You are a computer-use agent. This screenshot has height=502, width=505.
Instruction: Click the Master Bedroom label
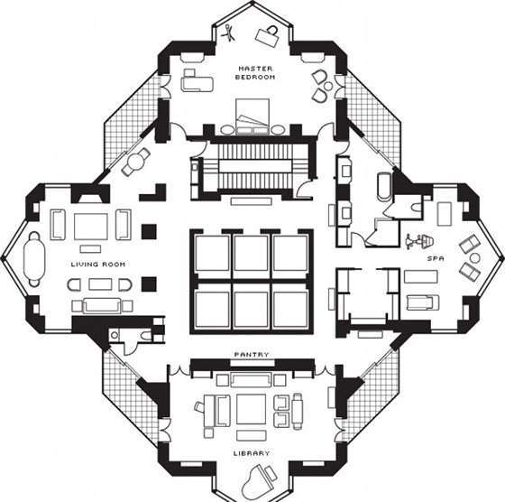point(255,73)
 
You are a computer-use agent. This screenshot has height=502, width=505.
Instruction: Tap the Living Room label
point(98,265)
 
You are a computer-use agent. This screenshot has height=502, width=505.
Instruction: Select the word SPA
point(436,258)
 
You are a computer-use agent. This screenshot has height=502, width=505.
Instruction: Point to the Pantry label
point(252,354)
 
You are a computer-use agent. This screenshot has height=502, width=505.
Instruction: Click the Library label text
point(252,453)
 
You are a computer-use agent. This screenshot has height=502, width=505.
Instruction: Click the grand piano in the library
point(257,480)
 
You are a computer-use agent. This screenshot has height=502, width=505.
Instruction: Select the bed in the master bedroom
point(252,116)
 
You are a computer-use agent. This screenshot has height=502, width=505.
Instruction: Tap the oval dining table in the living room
point(34,259)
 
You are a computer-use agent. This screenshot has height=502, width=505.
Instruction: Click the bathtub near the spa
point(384,187)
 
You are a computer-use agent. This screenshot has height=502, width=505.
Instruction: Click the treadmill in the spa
point(422,302)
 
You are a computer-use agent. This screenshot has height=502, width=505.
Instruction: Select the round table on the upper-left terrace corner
point(136,162)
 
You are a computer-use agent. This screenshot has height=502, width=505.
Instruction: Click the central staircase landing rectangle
point(254,167)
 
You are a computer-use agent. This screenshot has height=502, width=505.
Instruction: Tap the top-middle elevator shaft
point(252,253)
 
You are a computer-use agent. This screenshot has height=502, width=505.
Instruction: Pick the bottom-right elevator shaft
point(290,310)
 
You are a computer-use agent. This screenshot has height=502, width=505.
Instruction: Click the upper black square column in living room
point(149,232)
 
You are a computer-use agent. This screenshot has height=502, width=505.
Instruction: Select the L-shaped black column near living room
point(153,193)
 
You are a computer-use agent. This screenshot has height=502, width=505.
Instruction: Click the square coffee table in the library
point(252,409)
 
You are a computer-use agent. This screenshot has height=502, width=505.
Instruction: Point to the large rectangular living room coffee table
point(91,227)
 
